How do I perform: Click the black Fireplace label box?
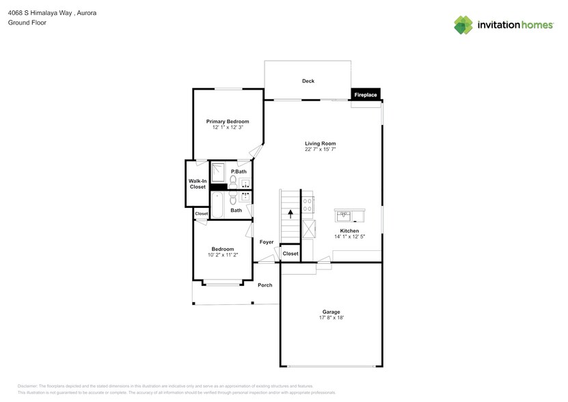[365, 95]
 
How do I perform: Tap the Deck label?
[308, 81]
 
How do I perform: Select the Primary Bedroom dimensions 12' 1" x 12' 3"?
[228, 127]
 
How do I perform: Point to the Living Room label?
[320, 144]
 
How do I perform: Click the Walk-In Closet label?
[198, 184]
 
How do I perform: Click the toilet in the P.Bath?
[233, 181]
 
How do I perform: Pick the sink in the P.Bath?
[245, 183]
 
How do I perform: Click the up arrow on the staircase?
[290, 213]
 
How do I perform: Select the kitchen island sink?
[345, 217]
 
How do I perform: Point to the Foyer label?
[267, 242]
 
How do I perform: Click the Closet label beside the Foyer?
[290, 254]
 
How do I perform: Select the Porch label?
[265, 285]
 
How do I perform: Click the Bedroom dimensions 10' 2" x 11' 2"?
[223, 254]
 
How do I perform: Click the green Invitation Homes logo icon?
[463, 25]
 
